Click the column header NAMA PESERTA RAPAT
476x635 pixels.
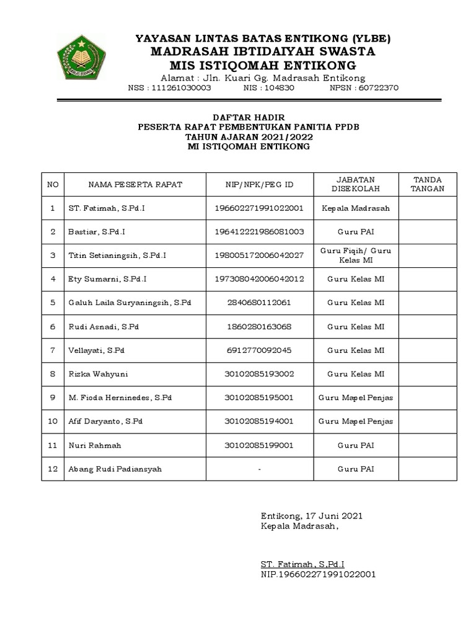click(135, 184)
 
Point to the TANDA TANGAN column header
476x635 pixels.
click(428, 184)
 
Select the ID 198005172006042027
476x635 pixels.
click(258, 255)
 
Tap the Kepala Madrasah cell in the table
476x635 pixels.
click(356, 208)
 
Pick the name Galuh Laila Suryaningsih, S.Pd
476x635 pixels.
click(129, 303)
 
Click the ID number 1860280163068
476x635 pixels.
click(258, 326)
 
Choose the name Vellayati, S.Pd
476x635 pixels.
click(96, 350)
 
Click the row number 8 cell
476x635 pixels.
click(53, 374)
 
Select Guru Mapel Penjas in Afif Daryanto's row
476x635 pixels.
click(356, 421)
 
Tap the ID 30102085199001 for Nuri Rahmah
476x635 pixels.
click(258, 445)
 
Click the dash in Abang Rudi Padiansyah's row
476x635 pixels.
click(258, 469)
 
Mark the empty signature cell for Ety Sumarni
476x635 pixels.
click(428, 279)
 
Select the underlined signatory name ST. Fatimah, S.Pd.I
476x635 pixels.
click(302, 564)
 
